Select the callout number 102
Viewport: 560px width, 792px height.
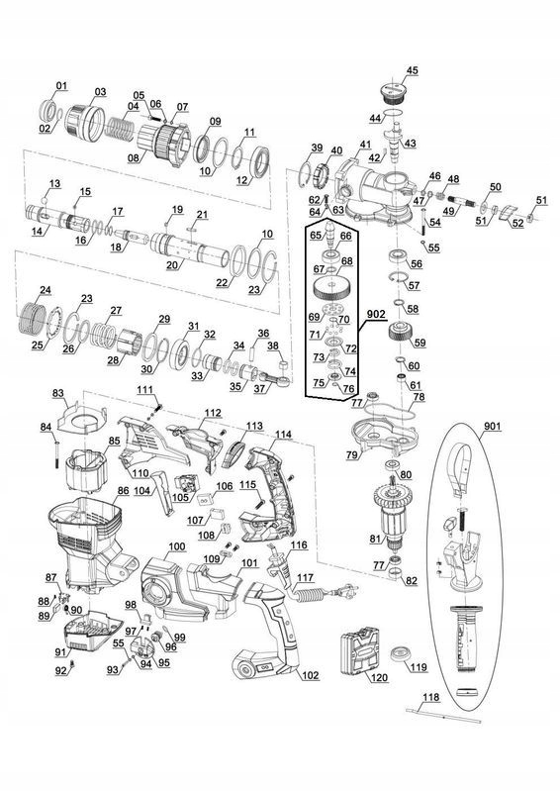click(311, 675)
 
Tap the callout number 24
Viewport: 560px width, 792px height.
click(45, 290)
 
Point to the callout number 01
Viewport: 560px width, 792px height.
click(61, 86)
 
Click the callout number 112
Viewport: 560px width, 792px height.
click(213, 413)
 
